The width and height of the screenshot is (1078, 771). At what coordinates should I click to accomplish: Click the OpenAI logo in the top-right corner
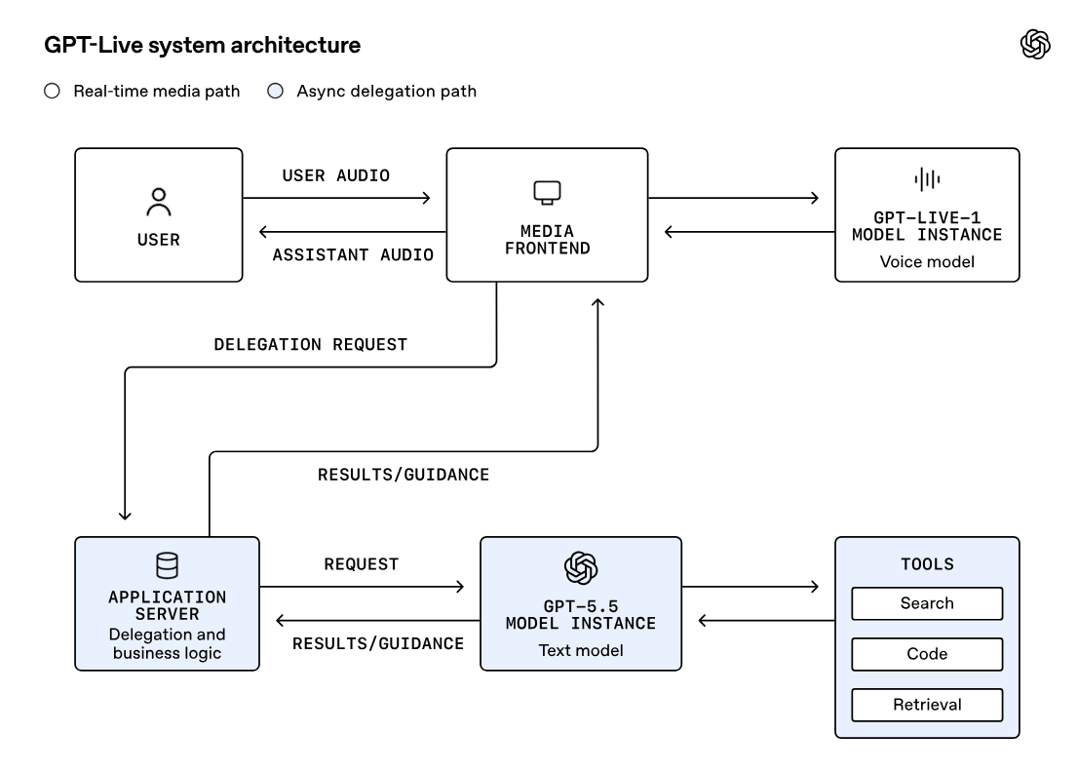(1035, 45)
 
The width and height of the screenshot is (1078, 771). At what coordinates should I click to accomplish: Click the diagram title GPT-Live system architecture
(202, 46)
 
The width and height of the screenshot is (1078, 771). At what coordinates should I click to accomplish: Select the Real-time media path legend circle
(53, 91)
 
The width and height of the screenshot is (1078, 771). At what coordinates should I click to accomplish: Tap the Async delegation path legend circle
(275, 91)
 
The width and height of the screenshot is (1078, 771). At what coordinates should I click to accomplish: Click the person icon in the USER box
(159, 202)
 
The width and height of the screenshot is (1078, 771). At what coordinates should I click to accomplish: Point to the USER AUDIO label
(336, 175)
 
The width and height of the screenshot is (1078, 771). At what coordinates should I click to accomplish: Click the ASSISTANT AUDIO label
(354, 255)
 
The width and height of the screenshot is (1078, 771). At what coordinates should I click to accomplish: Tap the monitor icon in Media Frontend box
(547, 193)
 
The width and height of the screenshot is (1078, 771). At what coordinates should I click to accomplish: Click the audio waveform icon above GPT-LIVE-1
(928, 179)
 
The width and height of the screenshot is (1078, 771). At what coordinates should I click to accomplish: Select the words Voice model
(928, 262)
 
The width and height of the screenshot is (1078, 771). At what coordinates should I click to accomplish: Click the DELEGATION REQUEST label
(311, 345)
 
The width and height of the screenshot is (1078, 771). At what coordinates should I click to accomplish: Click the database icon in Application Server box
(167, 565)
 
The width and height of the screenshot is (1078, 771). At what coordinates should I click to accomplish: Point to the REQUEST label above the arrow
(362, 564)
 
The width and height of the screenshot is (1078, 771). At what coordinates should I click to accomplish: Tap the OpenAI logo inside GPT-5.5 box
(581, 568)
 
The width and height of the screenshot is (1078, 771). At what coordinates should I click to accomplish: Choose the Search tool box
(928, 604)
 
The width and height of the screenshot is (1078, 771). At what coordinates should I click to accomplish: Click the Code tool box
(928, 654)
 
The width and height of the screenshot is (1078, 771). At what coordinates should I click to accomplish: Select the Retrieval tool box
(928, 705)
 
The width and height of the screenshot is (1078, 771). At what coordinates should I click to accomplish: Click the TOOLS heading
(928, 564)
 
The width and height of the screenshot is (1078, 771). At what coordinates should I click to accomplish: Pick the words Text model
(581, 651)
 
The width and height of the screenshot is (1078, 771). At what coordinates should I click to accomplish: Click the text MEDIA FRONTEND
(547, 240)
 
